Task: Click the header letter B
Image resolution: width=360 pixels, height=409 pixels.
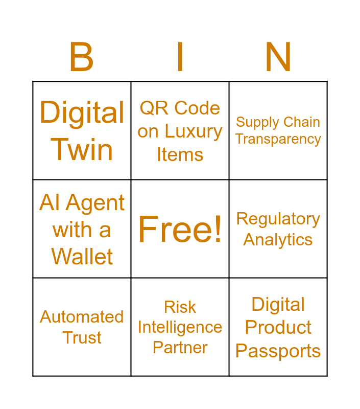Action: (x=82, y=57)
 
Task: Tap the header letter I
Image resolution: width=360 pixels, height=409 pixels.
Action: (x=180, y=57)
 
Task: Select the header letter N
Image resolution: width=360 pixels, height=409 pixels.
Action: (x=278, y=57)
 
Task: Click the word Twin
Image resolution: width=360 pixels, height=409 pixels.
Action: (x=82, y=150)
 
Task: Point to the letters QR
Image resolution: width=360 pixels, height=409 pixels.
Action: (x=152, y=108)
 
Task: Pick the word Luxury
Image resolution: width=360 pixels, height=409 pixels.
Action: (x=193, y=132)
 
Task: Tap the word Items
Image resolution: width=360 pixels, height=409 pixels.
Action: (x=180, y=154)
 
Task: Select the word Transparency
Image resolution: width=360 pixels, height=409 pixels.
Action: (x=278, y=139)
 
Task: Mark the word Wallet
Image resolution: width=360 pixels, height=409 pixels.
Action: (x=82, y=257)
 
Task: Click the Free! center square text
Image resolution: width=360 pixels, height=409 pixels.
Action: (x=180, y=229)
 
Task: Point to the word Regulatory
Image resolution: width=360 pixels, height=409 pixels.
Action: (x=278, y=219)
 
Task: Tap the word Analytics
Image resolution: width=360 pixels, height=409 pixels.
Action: (x=278, y=240)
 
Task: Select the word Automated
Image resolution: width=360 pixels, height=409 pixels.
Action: (x=82, y=317)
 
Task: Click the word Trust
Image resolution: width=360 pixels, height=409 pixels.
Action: (x=82, y=338)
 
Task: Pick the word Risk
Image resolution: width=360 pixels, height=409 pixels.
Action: (x=180, y=307)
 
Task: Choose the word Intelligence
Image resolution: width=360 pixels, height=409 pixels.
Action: (x=180, y=327)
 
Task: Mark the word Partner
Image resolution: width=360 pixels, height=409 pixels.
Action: (x=180, y=348)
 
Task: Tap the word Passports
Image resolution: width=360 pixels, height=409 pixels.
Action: (x=278, y=351)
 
